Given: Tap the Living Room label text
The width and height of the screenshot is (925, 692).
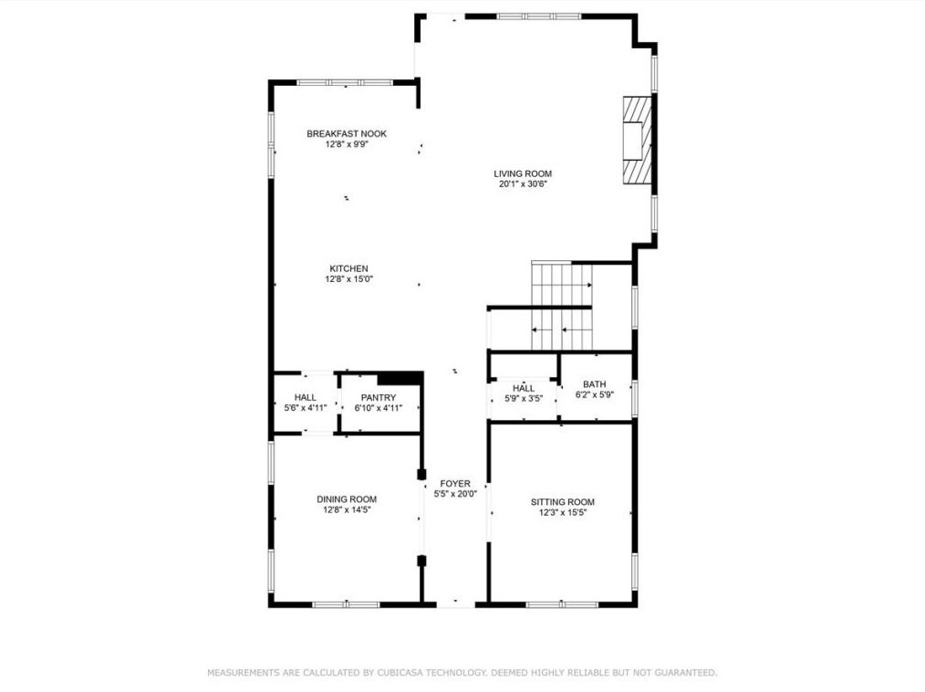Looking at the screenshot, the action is coord(523,173).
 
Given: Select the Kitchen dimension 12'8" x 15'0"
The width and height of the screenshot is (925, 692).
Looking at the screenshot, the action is coord(349,279).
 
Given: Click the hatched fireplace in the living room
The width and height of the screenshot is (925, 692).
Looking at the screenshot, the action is coord(638,140).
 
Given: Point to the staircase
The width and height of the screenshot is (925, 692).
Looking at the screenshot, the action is coord(562,307).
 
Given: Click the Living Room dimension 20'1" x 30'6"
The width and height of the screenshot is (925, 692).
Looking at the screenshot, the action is coord(524,183).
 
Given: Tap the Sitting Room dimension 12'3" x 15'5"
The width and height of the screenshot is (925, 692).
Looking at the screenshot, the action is coord(563,512).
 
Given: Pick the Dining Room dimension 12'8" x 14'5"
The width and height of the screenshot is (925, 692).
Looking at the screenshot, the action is coord(347,509).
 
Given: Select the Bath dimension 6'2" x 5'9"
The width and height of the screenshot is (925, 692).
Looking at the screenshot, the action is coord(595,394).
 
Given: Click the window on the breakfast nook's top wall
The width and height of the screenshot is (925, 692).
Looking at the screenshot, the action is coord(345,83).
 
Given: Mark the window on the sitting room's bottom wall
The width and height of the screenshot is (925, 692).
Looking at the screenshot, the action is coord(562,604).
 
